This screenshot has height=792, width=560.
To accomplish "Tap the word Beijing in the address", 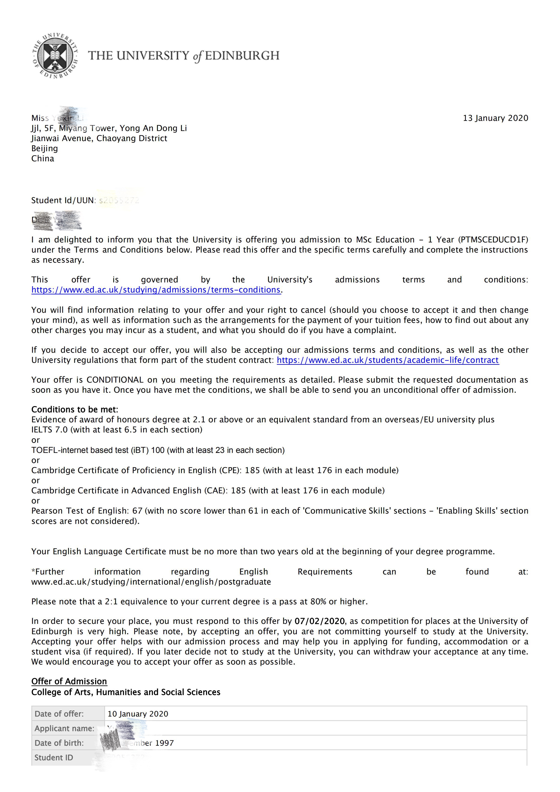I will pyautogui.click(x=44, y=148).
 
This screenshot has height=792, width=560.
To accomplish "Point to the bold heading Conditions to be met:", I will pyautogui.click(x=75, y=409).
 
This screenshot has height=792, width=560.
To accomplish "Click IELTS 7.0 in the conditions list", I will pyautogui.click(x=49, y=430).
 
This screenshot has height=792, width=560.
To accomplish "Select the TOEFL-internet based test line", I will pyautogui.click(x=158, y=450).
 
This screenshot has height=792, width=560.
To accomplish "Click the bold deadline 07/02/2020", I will pyautogui.click(x=319, y=621).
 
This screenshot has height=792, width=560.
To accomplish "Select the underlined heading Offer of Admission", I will pyautogui.click(x=69, y=681).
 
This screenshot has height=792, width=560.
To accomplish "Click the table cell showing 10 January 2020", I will pyautogui.click(x=138, y=714).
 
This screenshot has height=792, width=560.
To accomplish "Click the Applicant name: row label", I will pyautogui.click(x=64, y=728).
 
